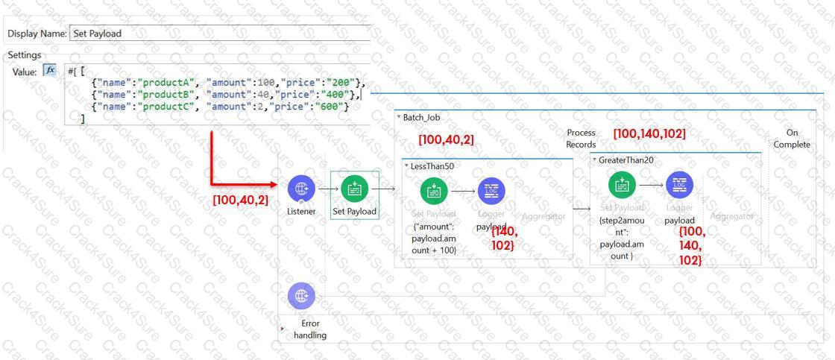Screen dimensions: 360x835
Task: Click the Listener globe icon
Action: [300, 188]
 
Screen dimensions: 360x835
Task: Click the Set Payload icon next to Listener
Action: [354, 189]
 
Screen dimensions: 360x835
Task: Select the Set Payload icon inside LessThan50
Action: [434, 190]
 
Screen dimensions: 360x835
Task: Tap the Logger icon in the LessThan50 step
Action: [490, 190]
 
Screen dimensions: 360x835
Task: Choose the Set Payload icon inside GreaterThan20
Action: [622, 183]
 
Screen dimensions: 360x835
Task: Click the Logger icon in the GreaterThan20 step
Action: [678, 183]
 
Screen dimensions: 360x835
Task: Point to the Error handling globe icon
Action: [300, 295]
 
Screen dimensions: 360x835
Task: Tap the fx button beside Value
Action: [50, 71]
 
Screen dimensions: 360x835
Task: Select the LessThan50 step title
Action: [432, 166]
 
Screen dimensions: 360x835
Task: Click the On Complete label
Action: [791, 138]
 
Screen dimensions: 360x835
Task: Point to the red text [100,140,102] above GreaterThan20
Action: [649, 134]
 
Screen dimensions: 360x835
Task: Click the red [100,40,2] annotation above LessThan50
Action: [445, 139]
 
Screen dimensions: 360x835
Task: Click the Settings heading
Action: [24, 56]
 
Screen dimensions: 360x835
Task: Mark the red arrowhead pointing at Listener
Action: [274, 184]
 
